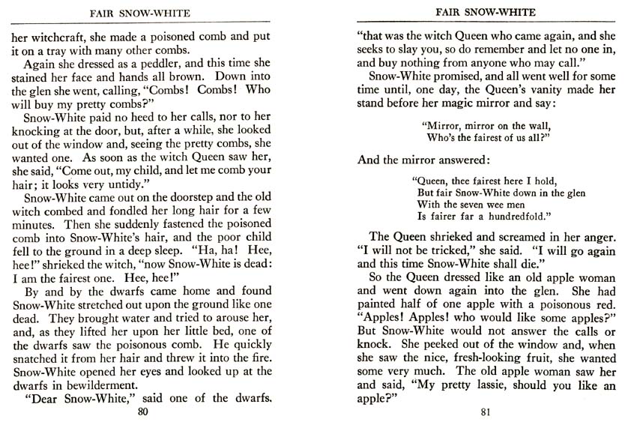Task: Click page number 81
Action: (485, 412)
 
